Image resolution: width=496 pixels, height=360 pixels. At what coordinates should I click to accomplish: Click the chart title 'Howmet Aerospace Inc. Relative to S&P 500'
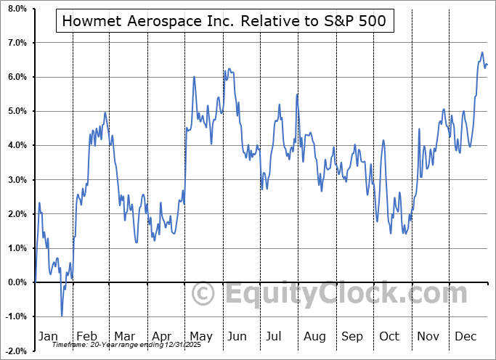tap(224, 22)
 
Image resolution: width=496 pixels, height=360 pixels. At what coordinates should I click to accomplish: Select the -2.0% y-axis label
tap(16, 351)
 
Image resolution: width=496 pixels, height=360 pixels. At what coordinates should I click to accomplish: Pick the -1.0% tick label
tap(16, 316)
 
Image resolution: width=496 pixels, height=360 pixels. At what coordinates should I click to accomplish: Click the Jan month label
tap(48, 336)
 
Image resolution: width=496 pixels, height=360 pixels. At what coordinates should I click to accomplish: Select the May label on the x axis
tap(200, 336)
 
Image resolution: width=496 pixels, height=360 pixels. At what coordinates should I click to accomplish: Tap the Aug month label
tap(314, 336)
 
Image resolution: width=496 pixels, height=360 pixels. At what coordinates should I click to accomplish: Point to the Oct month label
tap(390, 336)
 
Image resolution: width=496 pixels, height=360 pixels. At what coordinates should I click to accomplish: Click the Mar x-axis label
tap(124, 336)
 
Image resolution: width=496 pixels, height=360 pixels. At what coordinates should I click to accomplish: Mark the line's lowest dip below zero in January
tap(62, 316)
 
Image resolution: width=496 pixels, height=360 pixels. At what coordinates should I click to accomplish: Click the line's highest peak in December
tap(482, 52)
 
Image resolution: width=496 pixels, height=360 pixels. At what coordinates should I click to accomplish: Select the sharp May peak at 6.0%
tap(194, 77)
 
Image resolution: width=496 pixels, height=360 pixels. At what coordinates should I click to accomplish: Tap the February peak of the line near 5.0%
tap(105, 112)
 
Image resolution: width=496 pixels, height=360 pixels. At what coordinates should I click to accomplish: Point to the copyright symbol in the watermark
tap(203, 294)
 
